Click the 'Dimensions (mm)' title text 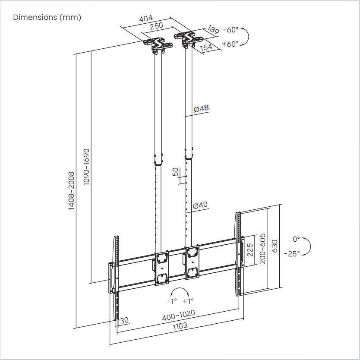click(x=47, y=17)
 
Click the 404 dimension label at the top click(x=146, y=19)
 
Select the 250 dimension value click(x=156, y=25)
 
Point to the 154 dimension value click(x=206, y=47)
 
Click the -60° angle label click(x=231, y=30)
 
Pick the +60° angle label click(x=230, y=44)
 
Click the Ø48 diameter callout click(x=201, y=109)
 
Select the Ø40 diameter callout click(x=200, y=205)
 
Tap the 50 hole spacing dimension click(x=175, y=172)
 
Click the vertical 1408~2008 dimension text click(x=72, y=191)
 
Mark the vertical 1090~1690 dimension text click(x=86, y=167)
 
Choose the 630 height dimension click(x=275, y=247)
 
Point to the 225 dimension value click(x=250, y=250)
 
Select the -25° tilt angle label click(x=292, y=254)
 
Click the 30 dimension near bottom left click(x=124, y=320)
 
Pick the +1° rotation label click(x=188, y=301)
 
